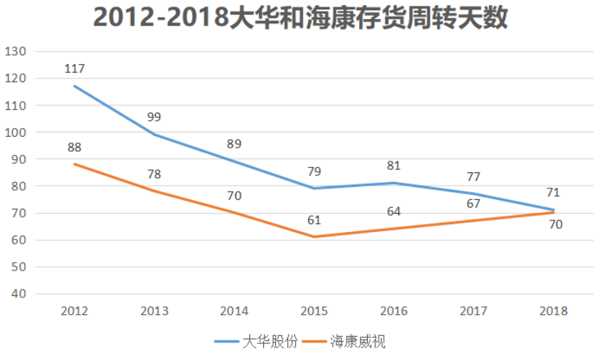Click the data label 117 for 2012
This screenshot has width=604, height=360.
click(75, 69)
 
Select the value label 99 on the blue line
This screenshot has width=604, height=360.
click(154, 117)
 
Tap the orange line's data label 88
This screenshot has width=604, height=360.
click(75, 148)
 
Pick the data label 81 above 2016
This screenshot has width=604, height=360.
click(393, 167)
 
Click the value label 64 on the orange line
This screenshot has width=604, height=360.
click(393, 212)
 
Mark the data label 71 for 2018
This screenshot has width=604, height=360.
click(553, 193)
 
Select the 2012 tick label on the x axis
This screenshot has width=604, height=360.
click(75, 311)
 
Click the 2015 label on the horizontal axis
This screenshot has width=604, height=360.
click(314, 311)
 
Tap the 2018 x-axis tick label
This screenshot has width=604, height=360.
click(553, 311)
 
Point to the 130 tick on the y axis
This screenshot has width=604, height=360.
click(16, 52)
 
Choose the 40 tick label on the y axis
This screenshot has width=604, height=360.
click(19, 295)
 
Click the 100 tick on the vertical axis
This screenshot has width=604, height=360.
click(16, 132)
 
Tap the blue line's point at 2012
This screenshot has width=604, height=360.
click(75, 87)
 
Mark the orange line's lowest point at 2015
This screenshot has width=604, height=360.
click(314, 237)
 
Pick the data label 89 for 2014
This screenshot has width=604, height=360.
click(234, 144)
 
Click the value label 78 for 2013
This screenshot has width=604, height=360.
click(154, 175)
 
